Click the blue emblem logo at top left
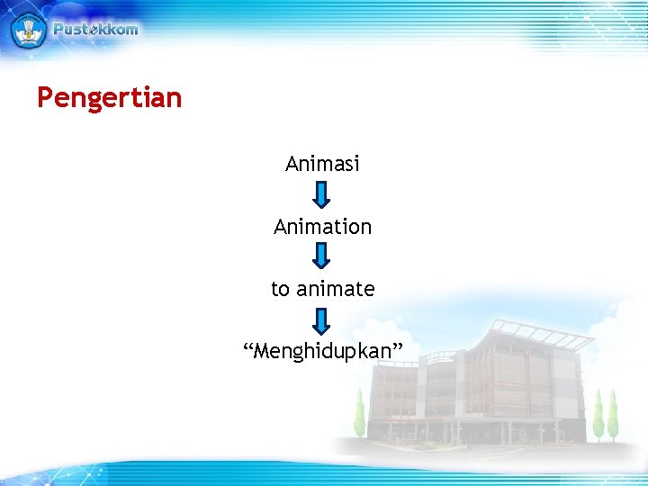[28, 30]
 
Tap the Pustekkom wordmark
[95, 29]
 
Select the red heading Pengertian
[109, 97]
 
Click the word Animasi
[322, 164]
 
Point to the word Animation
[322, 227]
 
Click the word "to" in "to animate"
[281, 289]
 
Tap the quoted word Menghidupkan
[323, 351]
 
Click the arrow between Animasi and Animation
[322, 194]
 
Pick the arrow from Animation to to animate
[322, 256]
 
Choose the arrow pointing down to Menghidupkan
[322, 319]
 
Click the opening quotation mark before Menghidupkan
[248, 346]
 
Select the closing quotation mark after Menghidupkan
[397, 346]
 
